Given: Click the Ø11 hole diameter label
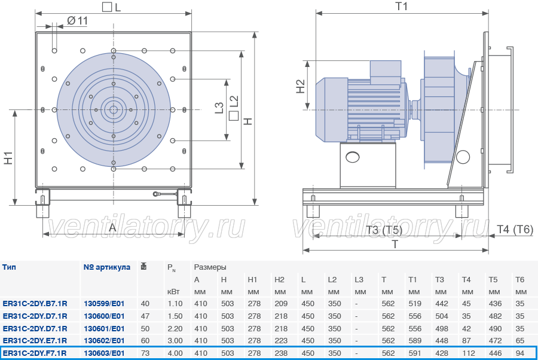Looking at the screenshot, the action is pos(78,21).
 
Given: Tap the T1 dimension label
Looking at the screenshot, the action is pos(401,6).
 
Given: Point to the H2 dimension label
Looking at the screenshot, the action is pos(300,87).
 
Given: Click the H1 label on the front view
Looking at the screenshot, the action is pos(8,158).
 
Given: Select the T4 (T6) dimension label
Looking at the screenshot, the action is pos(515,229).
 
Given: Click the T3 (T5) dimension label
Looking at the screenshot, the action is pos(384,230).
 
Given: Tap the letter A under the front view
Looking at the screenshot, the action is pos(112,227).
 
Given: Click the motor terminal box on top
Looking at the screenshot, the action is pos(386,72).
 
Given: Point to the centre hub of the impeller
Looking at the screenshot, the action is pos(113,110).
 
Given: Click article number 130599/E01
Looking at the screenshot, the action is pos(104,304).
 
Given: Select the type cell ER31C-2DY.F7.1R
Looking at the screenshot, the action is pos(35,353).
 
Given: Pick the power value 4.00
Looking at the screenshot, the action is pos(175,353).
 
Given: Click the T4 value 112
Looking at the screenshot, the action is pos(468,353).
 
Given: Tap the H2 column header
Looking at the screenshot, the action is pos(279,280).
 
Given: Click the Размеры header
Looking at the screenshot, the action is pos(210,267).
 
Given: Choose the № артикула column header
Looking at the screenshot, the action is pos(107,267).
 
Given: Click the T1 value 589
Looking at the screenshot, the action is pos(415,341).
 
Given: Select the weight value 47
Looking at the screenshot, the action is pos(145,316).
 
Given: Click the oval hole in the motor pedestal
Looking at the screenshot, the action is pos(353,157).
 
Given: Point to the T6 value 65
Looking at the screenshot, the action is pos(520,341).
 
